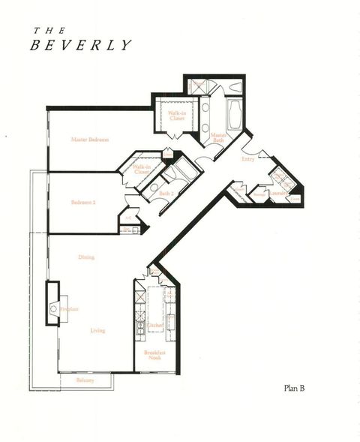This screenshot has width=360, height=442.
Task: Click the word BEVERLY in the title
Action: (81, 45)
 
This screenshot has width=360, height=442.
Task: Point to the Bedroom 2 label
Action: (85, 202)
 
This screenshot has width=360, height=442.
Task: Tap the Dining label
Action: (87, 257)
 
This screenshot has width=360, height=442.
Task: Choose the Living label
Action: (97, 330)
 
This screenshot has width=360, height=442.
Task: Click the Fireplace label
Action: (70, 308)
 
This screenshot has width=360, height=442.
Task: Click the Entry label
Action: (247, 159)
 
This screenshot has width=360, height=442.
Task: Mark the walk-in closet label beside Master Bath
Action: (177, 116)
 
